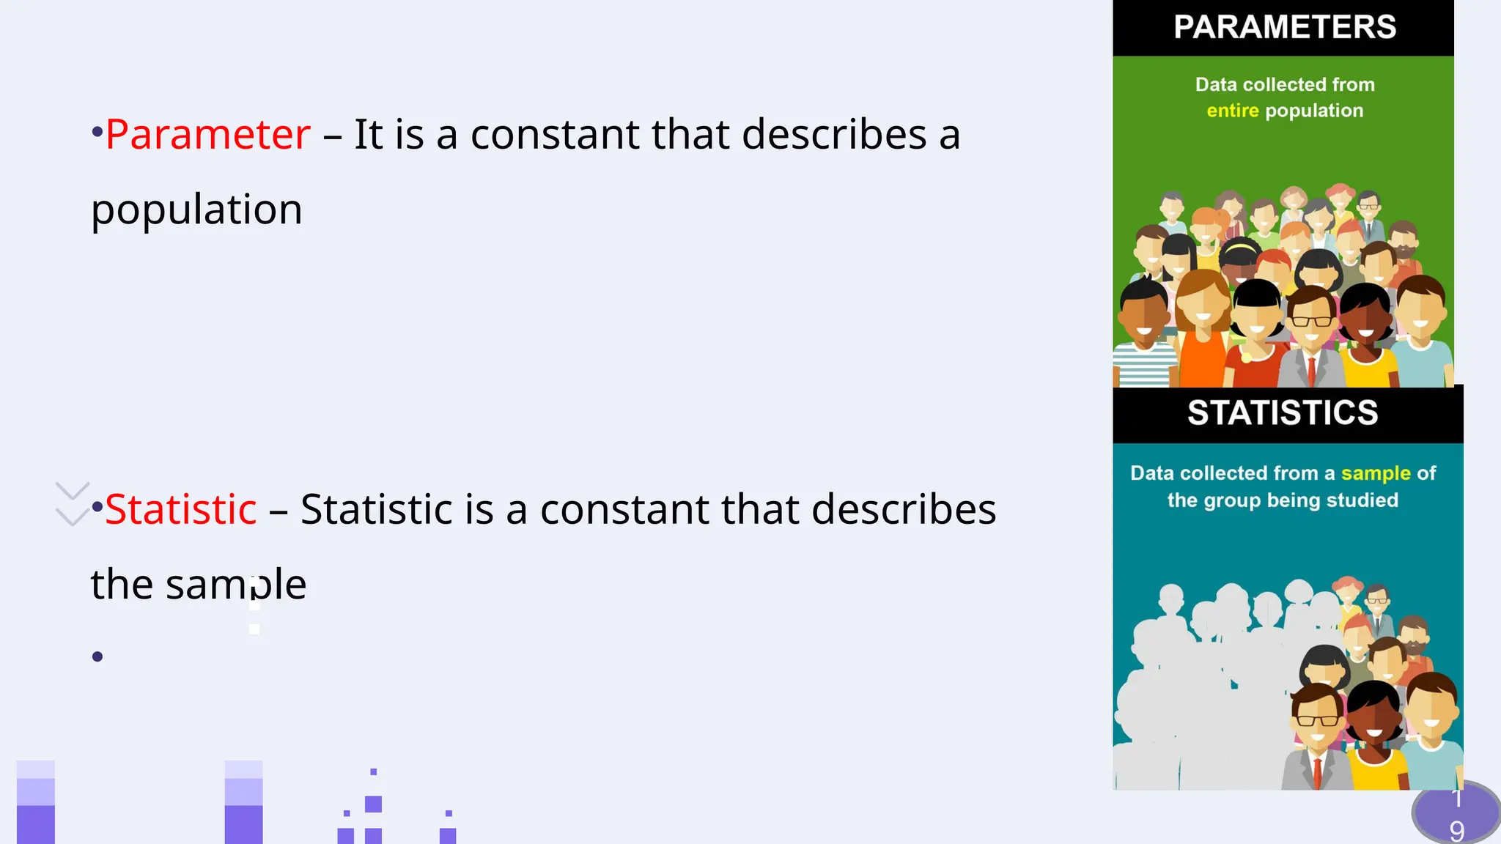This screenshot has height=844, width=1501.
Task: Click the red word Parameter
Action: (207, 135)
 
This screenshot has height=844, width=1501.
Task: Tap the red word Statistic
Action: (180, 509)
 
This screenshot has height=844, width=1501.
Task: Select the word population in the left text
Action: (196, 210)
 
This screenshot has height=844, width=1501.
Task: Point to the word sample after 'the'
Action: (235, 585)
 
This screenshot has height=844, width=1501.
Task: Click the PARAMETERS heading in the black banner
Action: (1284, 27)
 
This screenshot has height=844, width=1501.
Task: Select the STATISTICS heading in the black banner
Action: (1283, 413)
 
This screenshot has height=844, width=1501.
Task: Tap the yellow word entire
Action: (1232, 111)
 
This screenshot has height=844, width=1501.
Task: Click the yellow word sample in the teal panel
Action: (1375, 473)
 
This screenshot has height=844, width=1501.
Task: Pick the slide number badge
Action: (1456, 815)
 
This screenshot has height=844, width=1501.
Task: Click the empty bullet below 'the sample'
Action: (97, 656)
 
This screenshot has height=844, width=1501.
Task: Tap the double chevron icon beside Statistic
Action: (73, 504)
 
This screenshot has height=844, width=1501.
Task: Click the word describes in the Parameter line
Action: (834, 135)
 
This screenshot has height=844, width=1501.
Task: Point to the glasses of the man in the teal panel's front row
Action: (1317, 719)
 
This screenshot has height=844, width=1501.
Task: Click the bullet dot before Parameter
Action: (97, 133)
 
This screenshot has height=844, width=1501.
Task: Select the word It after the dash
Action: (368, 135)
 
